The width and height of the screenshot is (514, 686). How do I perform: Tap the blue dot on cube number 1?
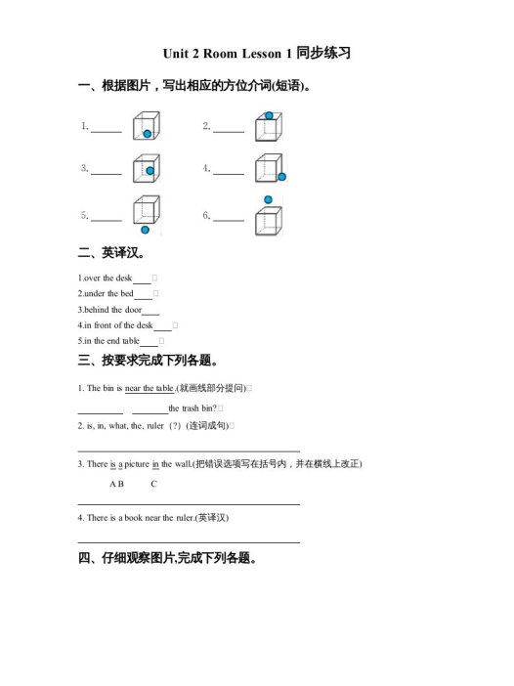click(148, 133)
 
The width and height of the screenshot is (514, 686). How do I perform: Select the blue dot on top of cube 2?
click(269, 115)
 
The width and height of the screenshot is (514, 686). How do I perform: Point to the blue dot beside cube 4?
click(281, 177)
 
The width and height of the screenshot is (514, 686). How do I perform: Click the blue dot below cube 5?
click(145, 231)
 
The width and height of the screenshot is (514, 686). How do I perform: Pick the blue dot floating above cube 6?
click(269, 200)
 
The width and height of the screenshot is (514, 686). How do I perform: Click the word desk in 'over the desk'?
click(124, 279)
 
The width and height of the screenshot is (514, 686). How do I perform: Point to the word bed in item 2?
click(127, 294)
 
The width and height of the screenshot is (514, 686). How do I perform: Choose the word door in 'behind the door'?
click(131, 310)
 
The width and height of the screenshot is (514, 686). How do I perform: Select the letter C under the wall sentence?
click(154, 484)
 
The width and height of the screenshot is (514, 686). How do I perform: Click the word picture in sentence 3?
click(138, 464)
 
